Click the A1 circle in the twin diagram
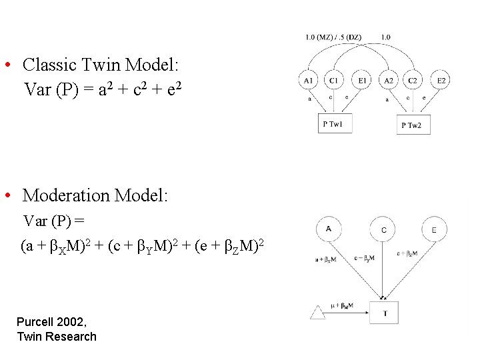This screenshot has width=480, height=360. (308, 81)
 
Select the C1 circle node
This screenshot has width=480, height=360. (334, 81)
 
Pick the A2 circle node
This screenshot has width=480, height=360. (388, 81)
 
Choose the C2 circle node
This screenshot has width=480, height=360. (413, 81)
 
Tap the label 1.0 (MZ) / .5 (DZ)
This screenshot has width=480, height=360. (333, 37)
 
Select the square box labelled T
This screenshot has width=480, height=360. (384, 313)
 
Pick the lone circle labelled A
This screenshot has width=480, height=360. (329, 229)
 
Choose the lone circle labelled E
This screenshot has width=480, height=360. (434, 230)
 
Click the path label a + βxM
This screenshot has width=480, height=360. (325, 259)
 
